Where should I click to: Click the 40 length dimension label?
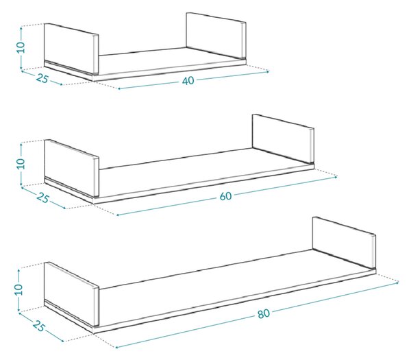188,80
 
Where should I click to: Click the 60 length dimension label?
225,196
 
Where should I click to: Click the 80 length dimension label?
264,313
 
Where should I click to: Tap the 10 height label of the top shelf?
21,47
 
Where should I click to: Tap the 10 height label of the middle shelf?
21,164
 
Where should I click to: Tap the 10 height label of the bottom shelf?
18,289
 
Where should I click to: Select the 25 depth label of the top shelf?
42,78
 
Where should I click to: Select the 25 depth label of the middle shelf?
42,197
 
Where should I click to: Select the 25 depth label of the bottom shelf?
39,326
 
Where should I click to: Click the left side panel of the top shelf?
71,49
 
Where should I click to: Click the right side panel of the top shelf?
216,35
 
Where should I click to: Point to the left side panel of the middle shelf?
71,168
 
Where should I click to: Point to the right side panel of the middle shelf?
283,139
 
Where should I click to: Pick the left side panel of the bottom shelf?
71,294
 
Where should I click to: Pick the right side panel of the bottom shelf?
344,243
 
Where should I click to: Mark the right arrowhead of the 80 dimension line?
397,283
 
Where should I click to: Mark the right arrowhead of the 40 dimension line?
268,71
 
